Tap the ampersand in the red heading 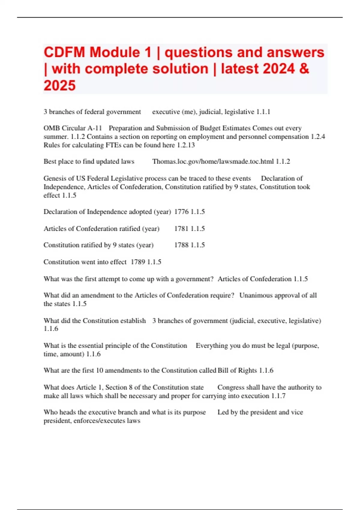click(x=304, y=69)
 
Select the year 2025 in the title click(x=60, y=85)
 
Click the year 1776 click(x=181, y=212)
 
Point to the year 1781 click(x=181, y=229)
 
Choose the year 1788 click(x=181, y=245)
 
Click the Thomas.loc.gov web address click(x=213, y=161)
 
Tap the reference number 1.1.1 click(x=263, y=112)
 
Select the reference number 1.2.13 click(x=186, y=145)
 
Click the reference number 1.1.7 click(x=278, y=396)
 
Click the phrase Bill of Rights click(x=237, y=370)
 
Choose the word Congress click(x=230, y=388)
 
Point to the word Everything click(x=212, y=346)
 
